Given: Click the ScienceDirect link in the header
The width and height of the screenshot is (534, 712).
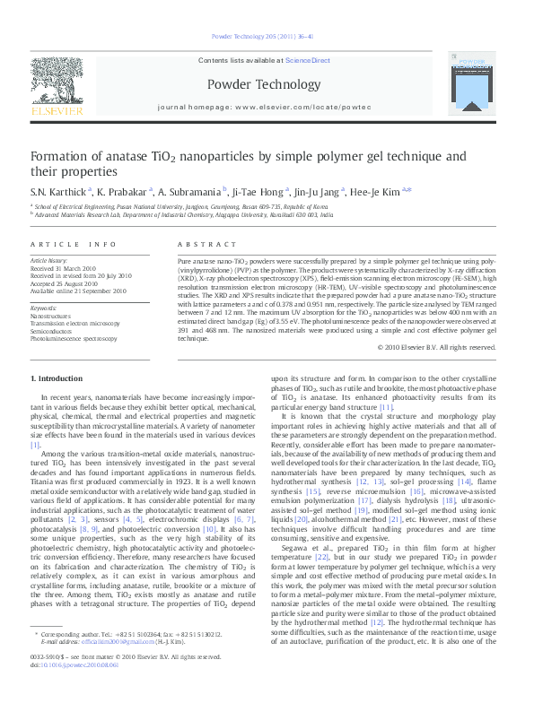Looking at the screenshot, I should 307,59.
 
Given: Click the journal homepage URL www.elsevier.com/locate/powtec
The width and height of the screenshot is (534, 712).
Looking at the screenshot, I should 288,106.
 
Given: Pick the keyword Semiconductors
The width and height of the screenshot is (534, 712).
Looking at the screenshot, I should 55,330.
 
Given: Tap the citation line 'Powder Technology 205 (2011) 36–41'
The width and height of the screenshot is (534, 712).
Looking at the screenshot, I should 267,36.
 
